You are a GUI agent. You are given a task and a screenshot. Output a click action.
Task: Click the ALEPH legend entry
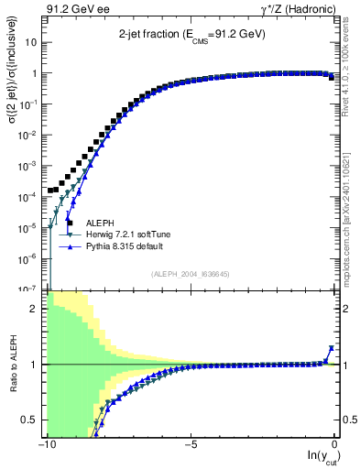(x=100, y=223)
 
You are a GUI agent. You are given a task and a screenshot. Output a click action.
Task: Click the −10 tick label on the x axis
(x=45, y=444)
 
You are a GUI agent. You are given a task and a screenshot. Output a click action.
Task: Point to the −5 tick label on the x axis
(x=191, y=444)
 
